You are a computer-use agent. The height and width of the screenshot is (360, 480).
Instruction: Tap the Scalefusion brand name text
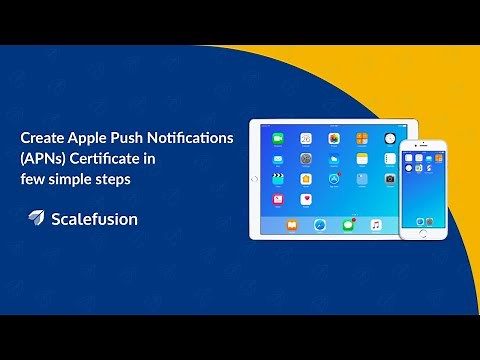point(94,218)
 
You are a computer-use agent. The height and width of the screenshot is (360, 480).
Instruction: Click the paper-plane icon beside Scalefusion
point(36,218)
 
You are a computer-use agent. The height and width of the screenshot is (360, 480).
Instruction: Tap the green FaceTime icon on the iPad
point(279,137)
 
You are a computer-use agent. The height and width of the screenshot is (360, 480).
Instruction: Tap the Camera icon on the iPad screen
point(390,179)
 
